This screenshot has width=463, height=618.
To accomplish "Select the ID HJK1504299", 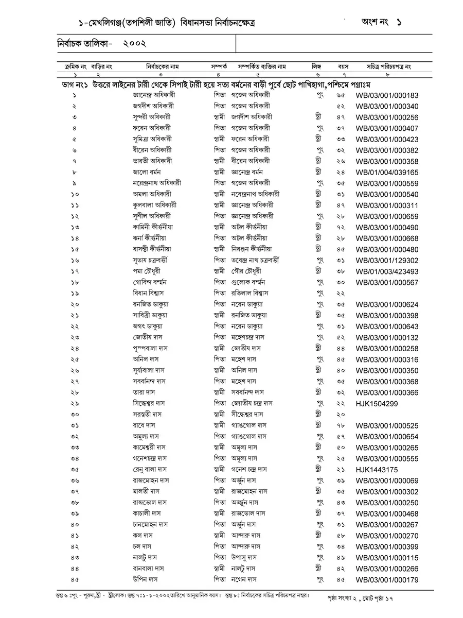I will click(377, 403).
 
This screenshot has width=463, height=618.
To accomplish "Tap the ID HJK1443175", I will click(377, 470).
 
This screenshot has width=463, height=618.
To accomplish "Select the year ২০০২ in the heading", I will click(135, 44).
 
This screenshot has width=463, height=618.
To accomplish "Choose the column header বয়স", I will click(343, 66).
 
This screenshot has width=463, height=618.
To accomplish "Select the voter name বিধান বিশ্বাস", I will click(148, 293).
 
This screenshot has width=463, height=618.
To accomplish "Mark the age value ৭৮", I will click(341, 425).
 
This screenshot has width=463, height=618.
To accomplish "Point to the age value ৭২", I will click(341, 228).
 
